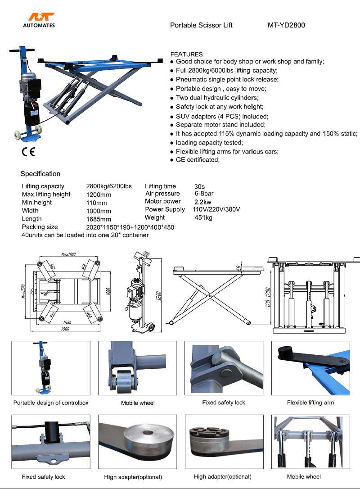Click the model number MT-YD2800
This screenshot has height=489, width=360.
point(286,25)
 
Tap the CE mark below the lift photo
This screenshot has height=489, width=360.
point(28,152)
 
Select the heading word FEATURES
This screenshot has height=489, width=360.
point(187,54)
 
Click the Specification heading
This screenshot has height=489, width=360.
point(40,174)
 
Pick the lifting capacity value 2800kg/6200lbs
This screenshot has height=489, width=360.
point(109,186)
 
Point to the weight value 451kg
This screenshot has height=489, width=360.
point(203,217)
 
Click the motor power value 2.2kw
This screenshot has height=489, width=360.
point(202,202)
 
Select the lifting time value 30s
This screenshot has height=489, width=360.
point(199,186)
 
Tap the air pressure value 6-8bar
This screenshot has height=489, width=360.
point(204,194)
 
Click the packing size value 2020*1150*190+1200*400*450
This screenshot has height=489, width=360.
point(130,227)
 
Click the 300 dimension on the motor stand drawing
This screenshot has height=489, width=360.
point(145,254)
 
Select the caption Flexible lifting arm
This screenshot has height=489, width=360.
point(310,403)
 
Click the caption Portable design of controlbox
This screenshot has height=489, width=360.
point(51,403)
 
